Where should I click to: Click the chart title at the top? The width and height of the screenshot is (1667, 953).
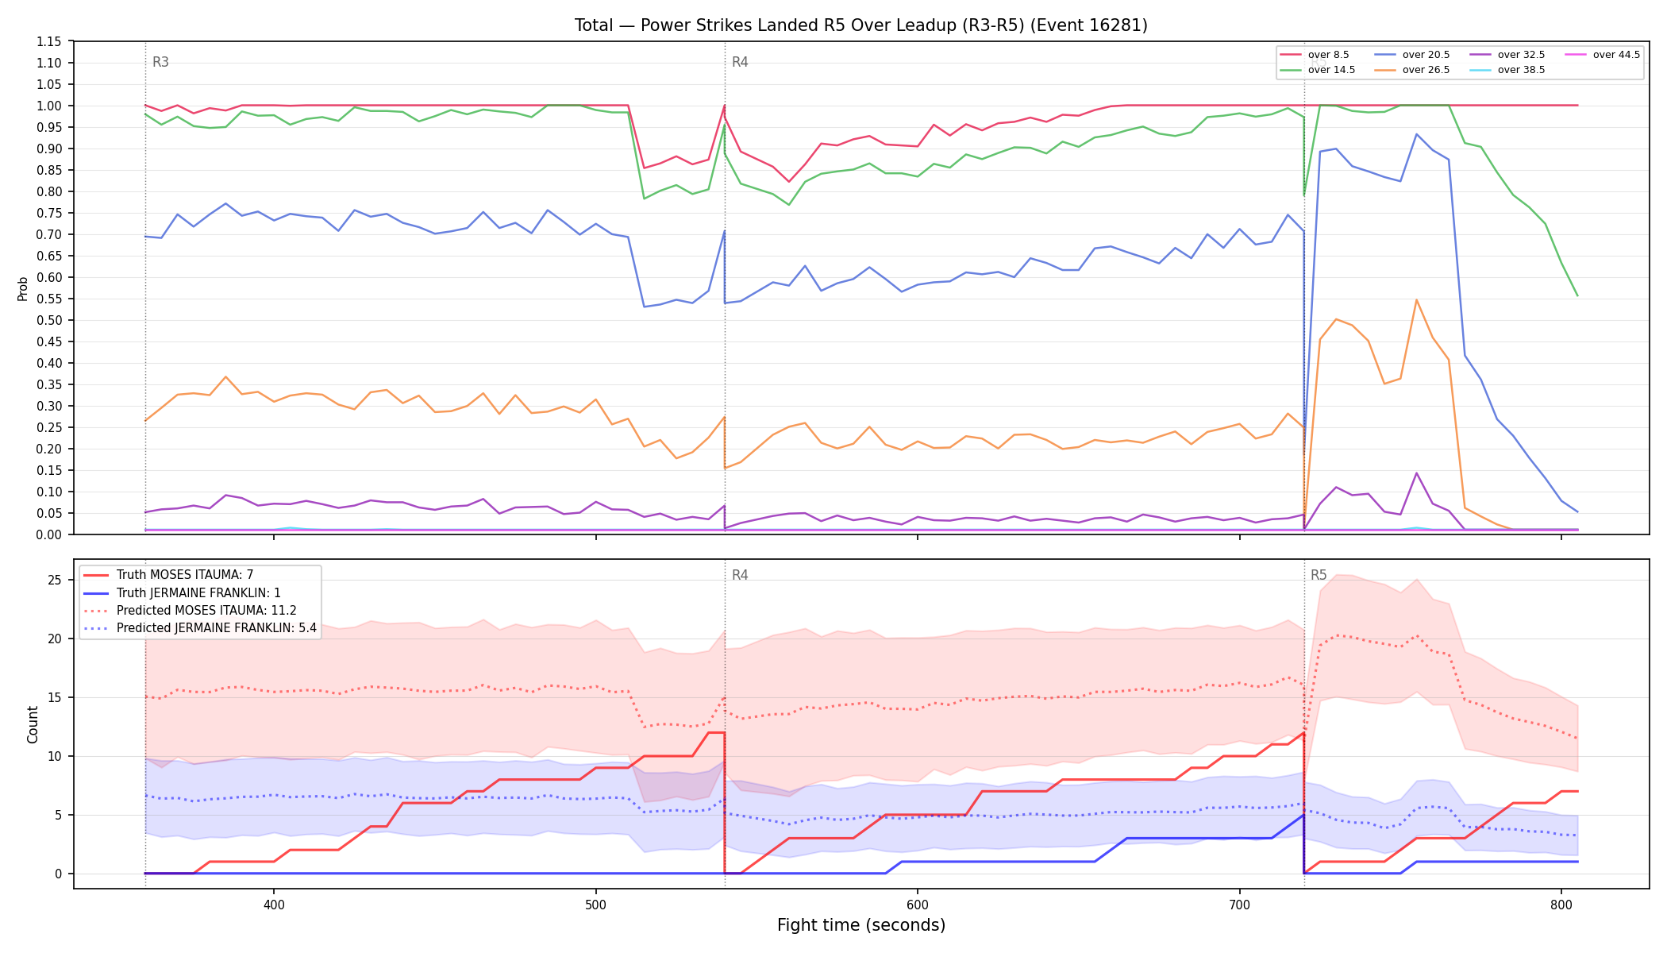point(861,25)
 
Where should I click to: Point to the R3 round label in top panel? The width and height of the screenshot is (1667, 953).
point(160,62)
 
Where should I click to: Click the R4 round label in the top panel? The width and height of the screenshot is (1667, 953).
point(740,62)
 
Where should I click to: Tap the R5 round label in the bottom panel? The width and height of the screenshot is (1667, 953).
point(1319,575)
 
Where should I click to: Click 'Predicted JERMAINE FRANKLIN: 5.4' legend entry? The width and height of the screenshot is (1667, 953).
point(200,628)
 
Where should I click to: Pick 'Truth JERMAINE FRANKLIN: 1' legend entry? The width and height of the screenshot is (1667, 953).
point(182,593)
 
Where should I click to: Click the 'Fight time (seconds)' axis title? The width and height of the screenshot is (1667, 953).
point(861,925)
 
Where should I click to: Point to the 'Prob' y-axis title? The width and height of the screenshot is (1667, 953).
point(22,288)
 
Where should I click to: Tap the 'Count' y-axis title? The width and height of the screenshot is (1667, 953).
point(33,724)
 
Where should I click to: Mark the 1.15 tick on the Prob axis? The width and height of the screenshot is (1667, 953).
point(48,41)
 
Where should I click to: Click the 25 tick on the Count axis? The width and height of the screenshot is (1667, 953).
point(54,580)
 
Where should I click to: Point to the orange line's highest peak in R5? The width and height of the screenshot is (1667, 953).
point(1416,299)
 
